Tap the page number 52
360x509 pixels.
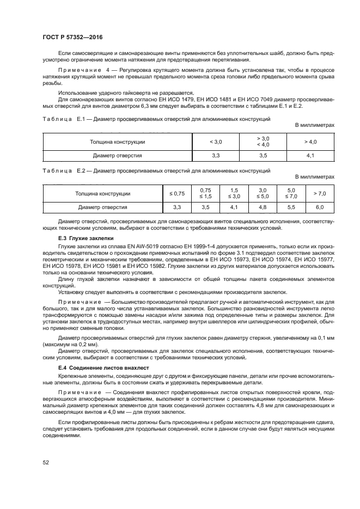point(46,462)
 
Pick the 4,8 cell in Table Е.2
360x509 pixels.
point(263,207)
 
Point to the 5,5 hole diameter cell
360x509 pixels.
point(291,207)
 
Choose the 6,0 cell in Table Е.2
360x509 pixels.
point(319,207)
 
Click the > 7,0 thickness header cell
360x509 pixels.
point(319,193)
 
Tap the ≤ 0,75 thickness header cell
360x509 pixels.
point(177,193)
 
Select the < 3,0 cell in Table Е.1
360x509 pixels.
point(216,142)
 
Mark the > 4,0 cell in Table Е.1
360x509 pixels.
point(310,142)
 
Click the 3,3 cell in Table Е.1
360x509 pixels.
point(216,155)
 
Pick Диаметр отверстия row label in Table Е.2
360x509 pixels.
point(103,207)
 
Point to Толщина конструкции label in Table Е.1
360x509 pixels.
point(118,142)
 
